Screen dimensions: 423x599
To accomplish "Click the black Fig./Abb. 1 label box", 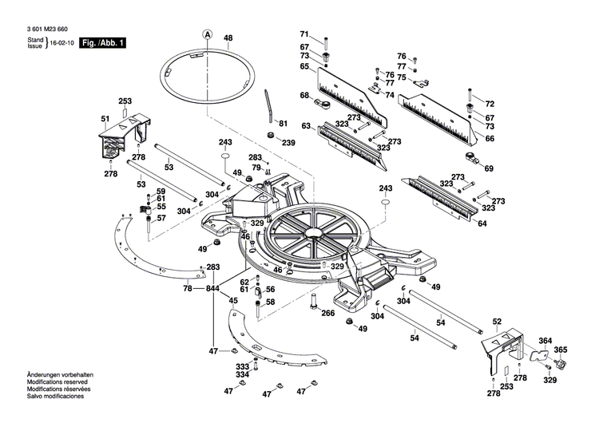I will [x=102, y=42].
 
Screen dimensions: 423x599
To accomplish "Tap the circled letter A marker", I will [x=207, y=34].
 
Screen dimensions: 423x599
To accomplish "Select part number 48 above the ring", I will [x=228, y=38].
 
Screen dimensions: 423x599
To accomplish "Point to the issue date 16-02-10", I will [x=63, y=42].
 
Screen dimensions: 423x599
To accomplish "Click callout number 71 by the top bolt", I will [x=303, y=34].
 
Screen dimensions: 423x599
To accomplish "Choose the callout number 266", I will [x=327, y=314].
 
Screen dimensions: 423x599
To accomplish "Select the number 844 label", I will [x=212, y=288].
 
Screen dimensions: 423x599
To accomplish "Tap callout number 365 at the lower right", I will [x=561, y=350].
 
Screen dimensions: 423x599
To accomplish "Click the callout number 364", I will [x=545, y=341].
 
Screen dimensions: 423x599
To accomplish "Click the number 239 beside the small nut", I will [x=288, y=143].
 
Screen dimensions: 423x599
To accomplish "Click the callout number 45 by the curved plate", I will [x=233, y=301].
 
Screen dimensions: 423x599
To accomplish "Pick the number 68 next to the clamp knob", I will [x=304, y=96].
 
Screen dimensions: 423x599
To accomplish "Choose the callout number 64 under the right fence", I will [x=482, y=223].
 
